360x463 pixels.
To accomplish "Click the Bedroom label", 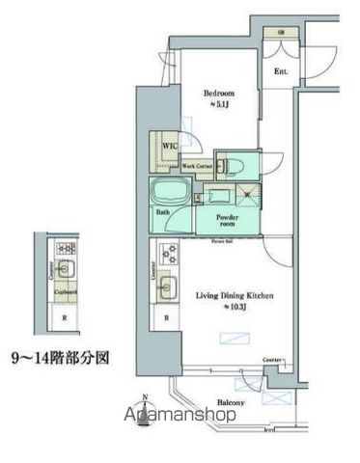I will (x=213, y=94).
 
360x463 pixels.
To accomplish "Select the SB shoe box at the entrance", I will (x=280, y=33).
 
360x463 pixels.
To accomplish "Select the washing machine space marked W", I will (x=250, y=194).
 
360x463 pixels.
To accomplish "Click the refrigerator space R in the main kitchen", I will (x=168, y=317).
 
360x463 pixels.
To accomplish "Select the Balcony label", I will (x=230, y=403).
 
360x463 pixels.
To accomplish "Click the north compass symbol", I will (x=145, y=408).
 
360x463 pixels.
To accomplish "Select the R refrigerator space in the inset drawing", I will (x=65, y=318).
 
